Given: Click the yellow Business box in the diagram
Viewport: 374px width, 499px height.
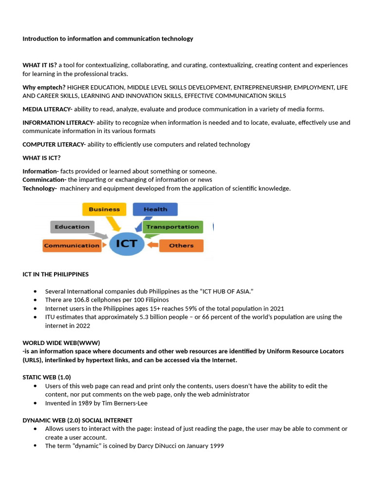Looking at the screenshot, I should tap(104, 209).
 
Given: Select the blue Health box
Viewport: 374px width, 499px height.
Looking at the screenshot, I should tap(155, 209).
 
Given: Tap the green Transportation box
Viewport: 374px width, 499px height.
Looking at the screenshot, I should tap(172, 227).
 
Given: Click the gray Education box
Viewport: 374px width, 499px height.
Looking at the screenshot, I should tap(72, 227).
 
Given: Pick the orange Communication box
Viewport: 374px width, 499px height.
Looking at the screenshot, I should tap(72, 246).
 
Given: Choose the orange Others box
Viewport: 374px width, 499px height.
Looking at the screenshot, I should tap(181, 246).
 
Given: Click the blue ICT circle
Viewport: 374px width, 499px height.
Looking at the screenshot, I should tap(127, 243).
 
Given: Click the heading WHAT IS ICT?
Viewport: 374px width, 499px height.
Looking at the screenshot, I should tap(41, 158).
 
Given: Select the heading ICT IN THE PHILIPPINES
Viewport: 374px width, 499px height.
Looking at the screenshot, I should tap(56, 274).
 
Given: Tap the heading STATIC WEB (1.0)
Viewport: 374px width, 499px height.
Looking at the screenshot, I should tap(47, 377).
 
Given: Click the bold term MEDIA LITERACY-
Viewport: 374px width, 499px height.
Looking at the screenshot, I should tap(47, 109).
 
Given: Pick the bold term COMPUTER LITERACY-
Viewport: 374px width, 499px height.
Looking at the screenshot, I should tap(54, 144).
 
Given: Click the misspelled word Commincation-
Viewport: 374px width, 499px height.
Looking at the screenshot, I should tap(44, 180).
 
